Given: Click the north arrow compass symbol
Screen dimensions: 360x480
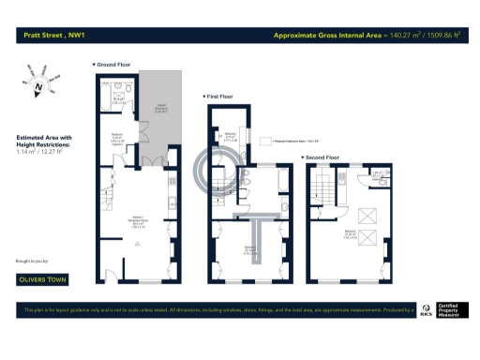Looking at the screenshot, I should pyautogui.click(x=37, y=88).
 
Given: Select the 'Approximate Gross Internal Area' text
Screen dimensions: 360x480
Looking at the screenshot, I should pyautogui.click(x=329, y=37).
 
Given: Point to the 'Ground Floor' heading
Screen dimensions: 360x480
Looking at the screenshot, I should pyautogui.click(x=112, y=65).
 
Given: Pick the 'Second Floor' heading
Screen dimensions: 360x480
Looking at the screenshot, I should pyautogui.click(x=321, y=157).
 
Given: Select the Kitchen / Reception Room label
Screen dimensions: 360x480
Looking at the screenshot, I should pyautogui.click(x=137, y=223).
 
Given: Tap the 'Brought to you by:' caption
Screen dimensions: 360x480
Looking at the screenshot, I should pyautogui.click(x=32, y=261).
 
